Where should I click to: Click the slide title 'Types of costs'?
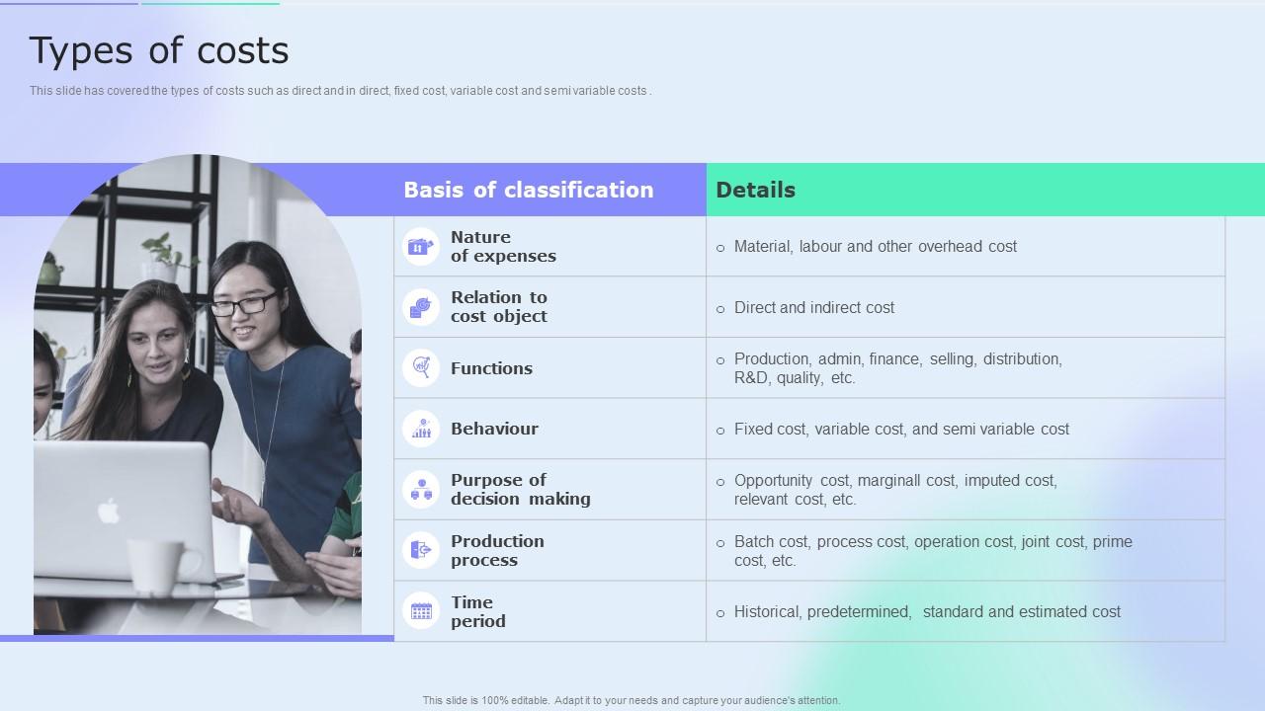coord(159,50)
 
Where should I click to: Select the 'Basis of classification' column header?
coord(528,190)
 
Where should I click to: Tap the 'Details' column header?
coord(755,190)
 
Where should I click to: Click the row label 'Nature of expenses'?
coord(503,247)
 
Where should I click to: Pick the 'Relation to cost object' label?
coord(498,307)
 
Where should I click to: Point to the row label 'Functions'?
coord(491,368)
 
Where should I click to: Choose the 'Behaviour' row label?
coord(494,429)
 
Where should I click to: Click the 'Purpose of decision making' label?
coord(520,490)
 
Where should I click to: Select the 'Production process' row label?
coord(497,551)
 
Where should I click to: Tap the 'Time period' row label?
coord(477,612)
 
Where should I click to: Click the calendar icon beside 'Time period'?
coord(421,611)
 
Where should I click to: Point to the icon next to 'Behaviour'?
coord(421,429)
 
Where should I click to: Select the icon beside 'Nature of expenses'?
coord(421,247)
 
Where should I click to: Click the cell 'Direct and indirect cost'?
coord(813,308)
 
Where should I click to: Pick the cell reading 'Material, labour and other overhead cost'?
coord(875,247)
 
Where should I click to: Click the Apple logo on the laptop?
coord(109,511)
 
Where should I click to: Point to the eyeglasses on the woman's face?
coord(244,304)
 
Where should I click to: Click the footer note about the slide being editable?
coord(632,700)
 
